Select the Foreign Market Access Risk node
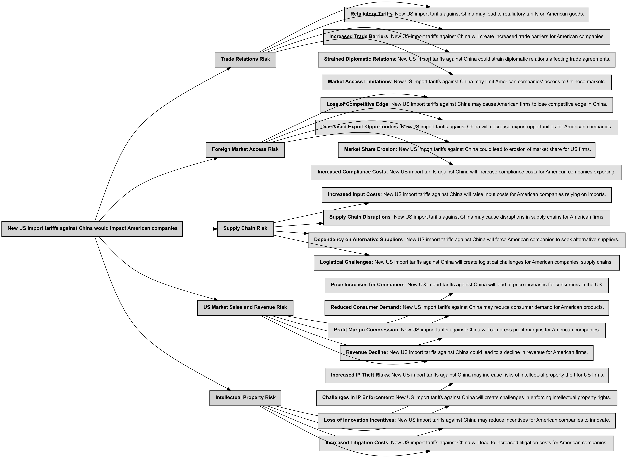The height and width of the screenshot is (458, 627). pos(245,150)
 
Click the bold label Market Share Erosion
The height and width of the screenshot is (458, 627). pos(370,150)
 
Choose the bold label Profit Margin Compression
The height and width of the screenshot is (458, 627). pos(366,330)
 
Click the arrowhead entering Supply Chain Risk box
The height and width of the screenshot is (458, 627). pos(215,229)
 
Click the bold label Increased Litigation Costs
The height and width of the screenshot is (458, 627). pos(357,443)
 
